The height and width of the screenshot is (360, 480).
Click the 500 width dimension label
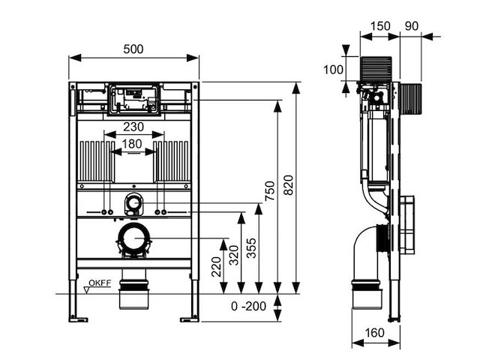pos(134,49)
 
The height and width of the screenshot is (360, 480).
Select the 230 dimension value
pos(133,127)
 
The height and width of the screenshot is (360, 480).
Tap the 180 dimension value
pos(133,143)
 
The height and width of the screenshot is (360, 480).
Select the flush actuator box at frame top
pos(134,99)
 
